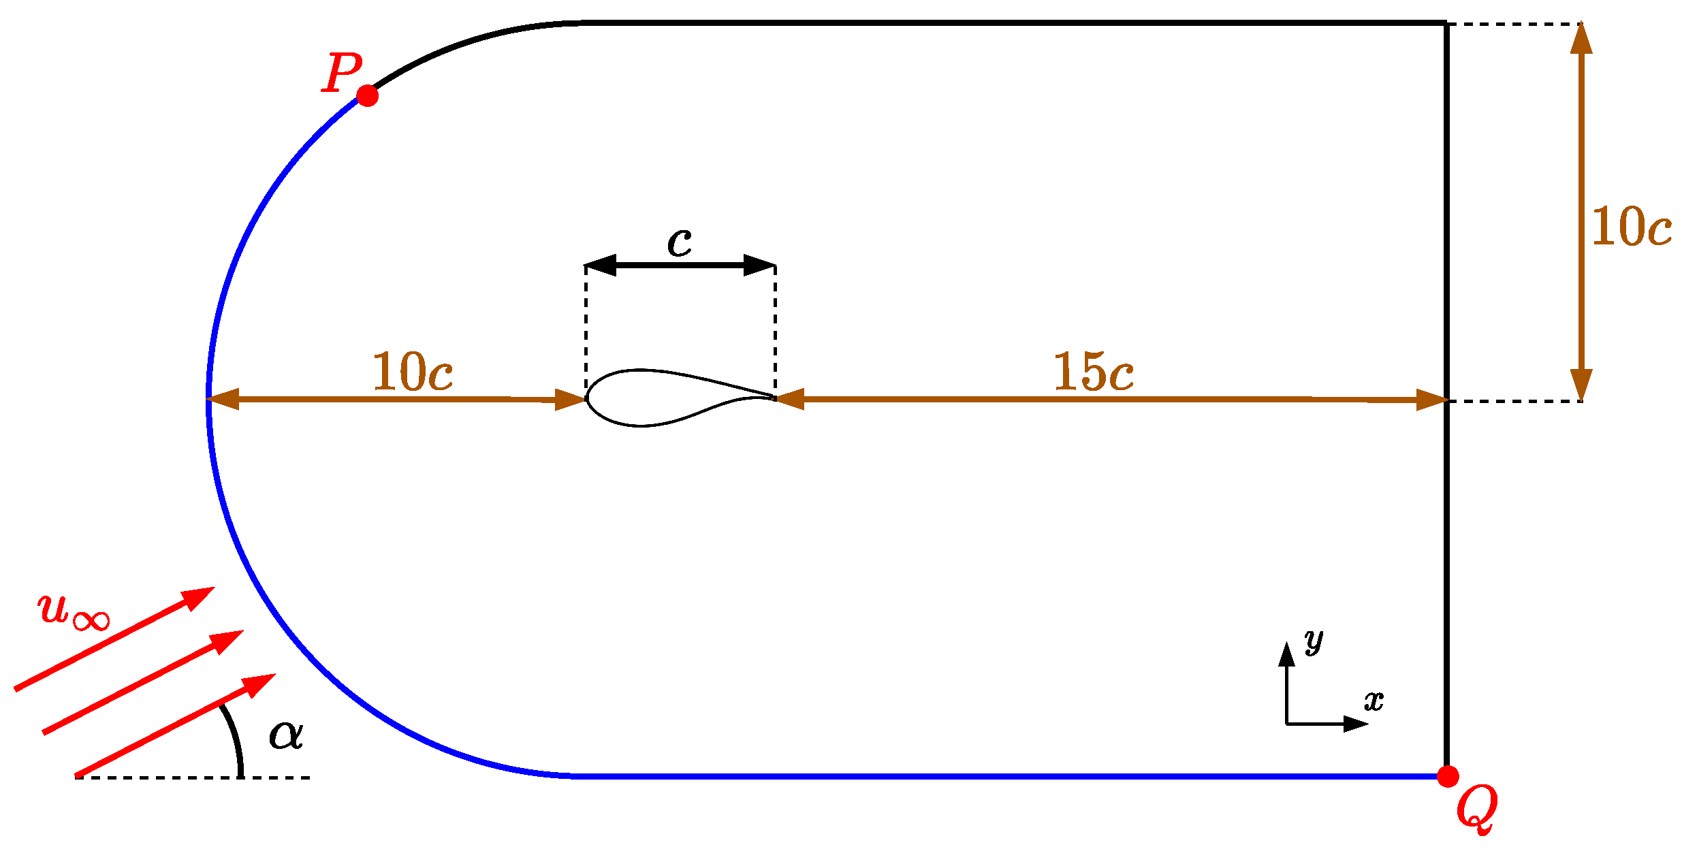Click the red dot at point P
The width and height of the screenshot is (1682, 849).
click(x=368, y=96)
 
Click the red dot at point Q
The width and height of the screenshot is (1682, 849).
click(x=1448, y=776)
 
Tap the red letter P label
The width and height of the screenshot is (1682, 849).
click(x=342, y=73)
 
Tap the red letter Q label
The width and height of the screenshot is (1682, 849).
click(x=1476, y=809)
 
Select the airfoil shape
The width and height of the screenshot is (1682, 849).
click(x=654, y=398)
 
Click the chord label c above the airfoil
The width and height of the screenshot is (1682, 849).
click(x=680, y=242)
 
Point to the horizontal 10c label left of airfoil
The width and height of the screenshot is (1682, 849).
click(x=412, y=372)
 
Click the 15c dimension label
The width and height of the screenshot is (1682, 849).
click(x=1094, y=372)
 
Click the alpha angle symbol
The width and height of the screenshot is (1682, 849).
click(x=286, y=735)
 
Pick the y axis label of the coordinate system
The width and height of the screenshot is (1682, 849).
click(x=1314, y=641)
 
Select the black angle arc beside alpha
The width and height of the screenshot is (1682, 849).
click(x=235, y=739)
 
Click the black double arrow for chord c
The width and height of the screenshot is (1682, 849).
click(x=680, y=265)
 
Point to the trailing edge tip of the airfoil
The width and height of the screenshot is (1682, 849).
click(x=775, y=398)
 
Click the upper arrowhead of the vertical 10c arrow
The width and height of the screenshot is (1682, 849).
click(x=1581, y=38)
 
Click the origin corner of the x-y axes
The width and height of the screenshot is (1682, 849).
click(x=1286, y=724)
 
